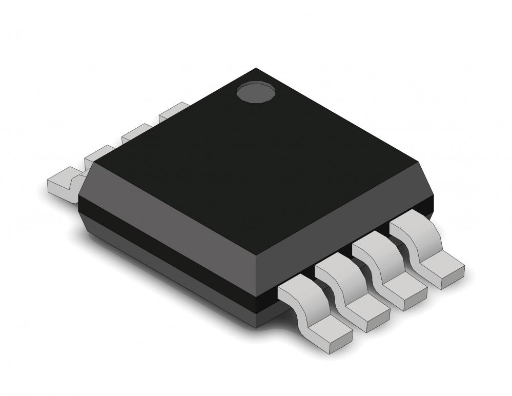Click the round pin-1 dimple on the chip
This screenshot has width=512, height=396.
(256, 92)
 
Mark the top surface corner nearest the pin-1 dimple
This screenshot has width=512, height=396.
(256, 69)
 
